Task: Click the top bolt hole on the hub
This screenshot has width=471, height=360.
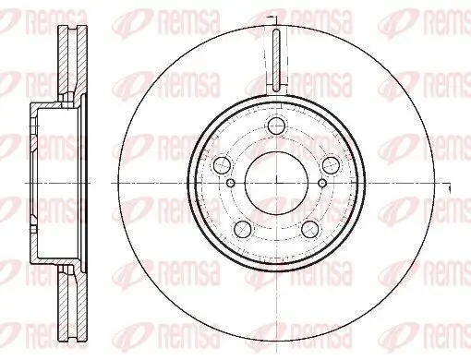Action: point(276,128)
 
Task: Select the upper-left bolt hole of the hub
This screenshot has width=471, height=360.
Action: point(222,165)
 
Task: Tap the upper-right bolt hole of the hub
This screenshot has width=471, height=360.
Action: point(332,165)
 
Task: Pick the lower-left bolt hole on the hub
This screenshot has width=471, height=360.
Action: point(243,229)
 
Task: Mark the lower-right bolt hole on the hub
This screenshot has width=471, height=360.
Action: point(310,229)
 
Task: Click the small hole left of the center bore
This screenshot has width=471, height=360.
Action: point(231,184)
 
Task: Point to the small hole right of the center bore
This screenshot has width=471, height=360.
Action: point(322,184)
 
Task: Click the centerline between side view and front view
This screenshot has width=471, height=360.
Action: point(102,184)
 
